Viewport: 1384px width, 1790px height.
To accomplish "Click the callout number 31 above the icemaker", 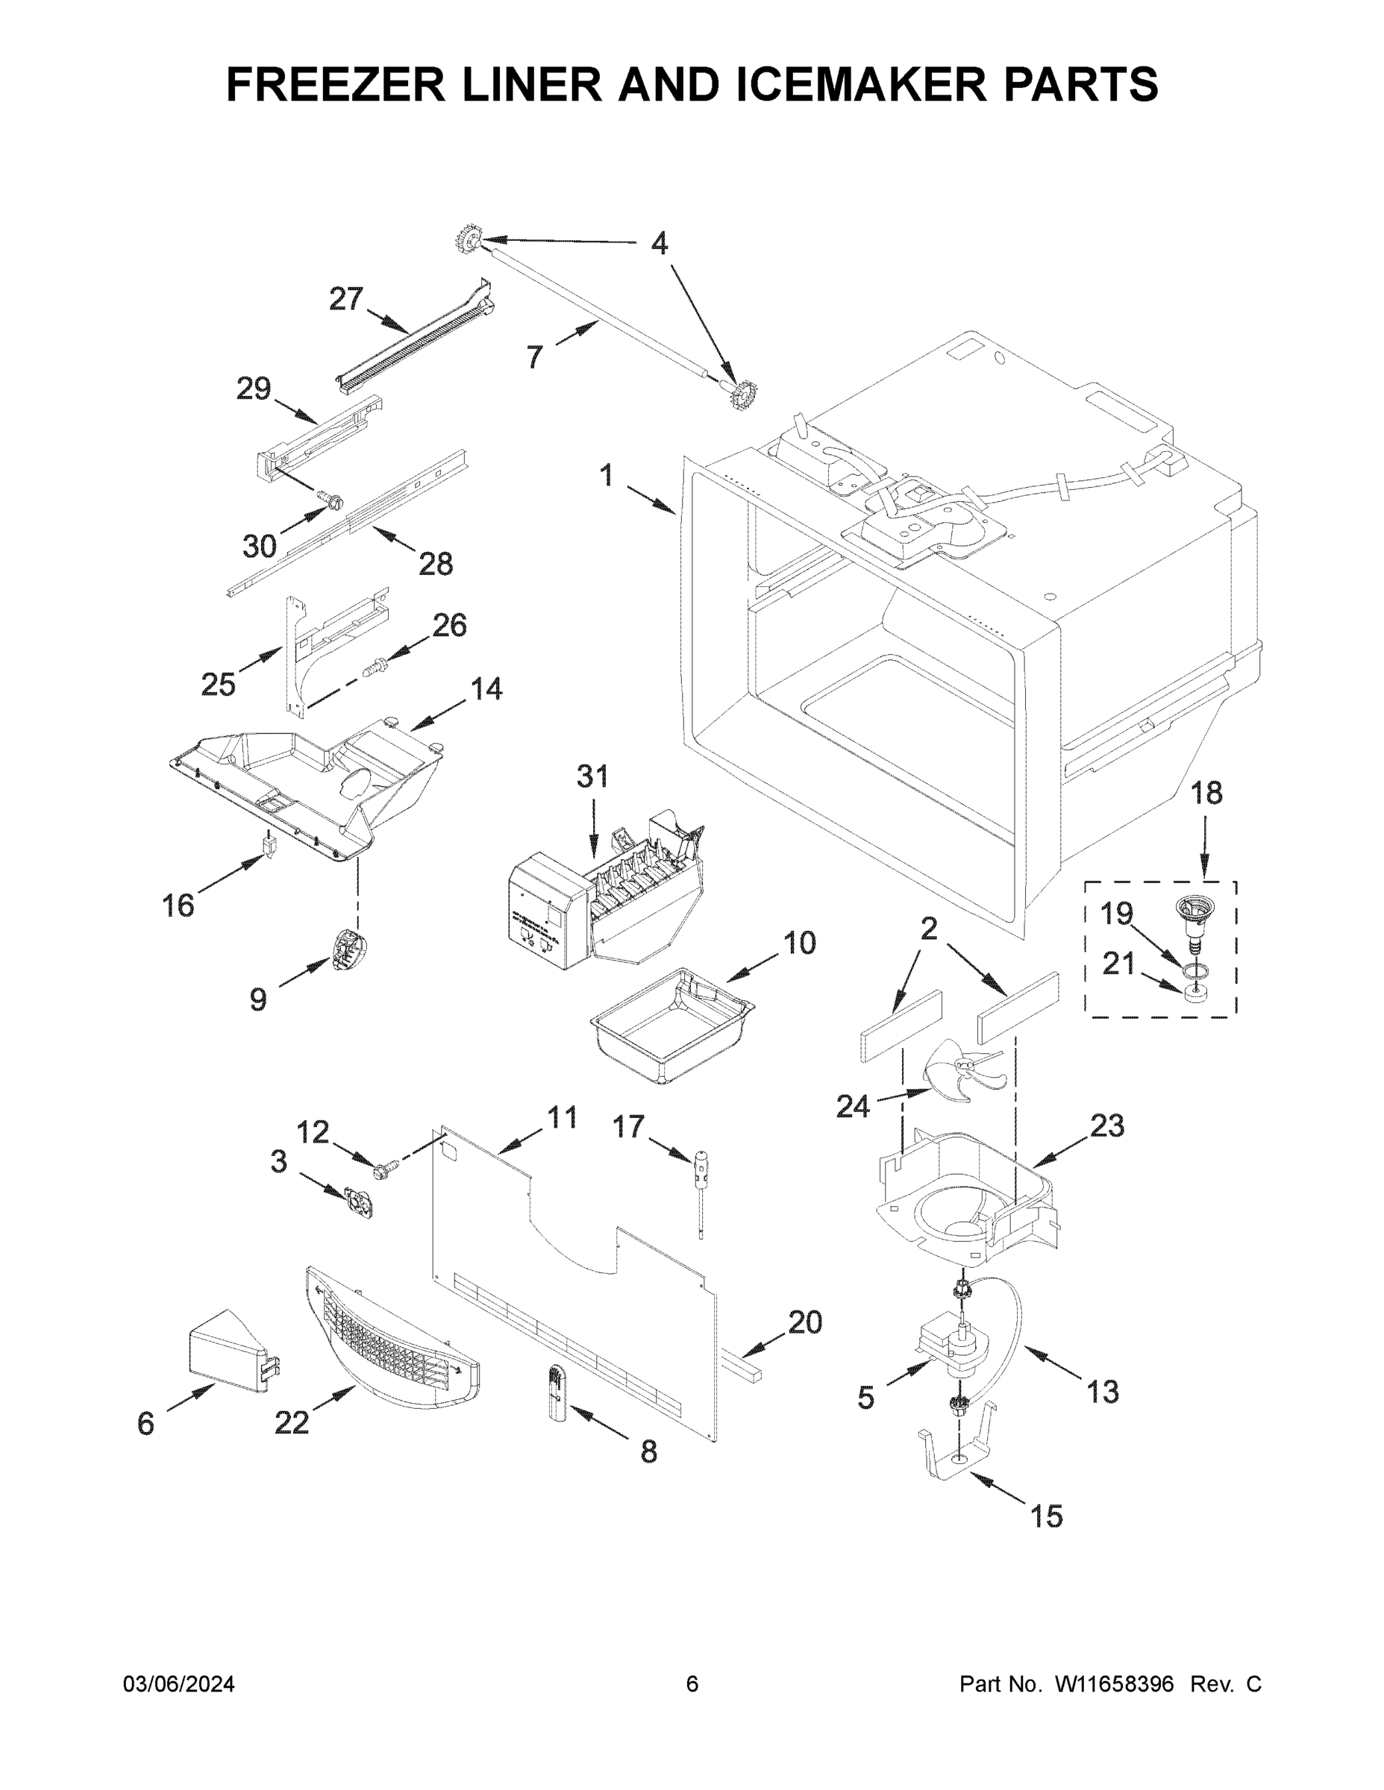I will pyautogui.click(x=592, y=776).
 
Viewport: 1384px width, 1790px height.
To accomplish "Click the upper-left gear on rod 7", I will pyautogui.click(x=467, y=241).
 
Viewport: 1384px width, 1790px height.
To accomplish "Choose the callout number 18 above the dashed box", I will pyautogui.click(x=1205, y=793).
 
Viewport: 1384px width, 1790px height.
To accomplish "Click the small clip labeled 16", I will pyautogui.click(x=268, y=844).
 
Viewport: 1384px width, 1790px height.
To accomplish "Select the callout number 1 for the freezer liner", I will pyautogui.click(x=606, y=474).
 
